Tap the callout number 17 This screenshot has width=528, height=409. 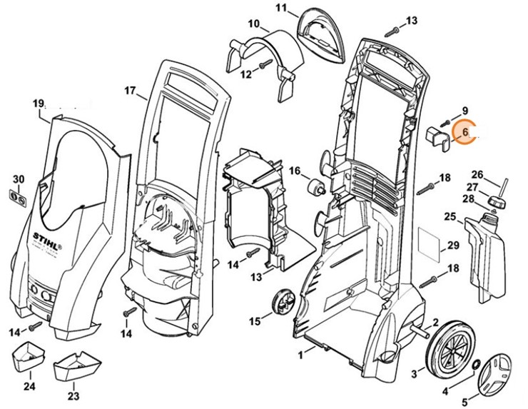[x=129, y=91]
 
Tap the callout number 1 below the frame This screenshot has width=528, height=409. [x=302, y=353]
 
